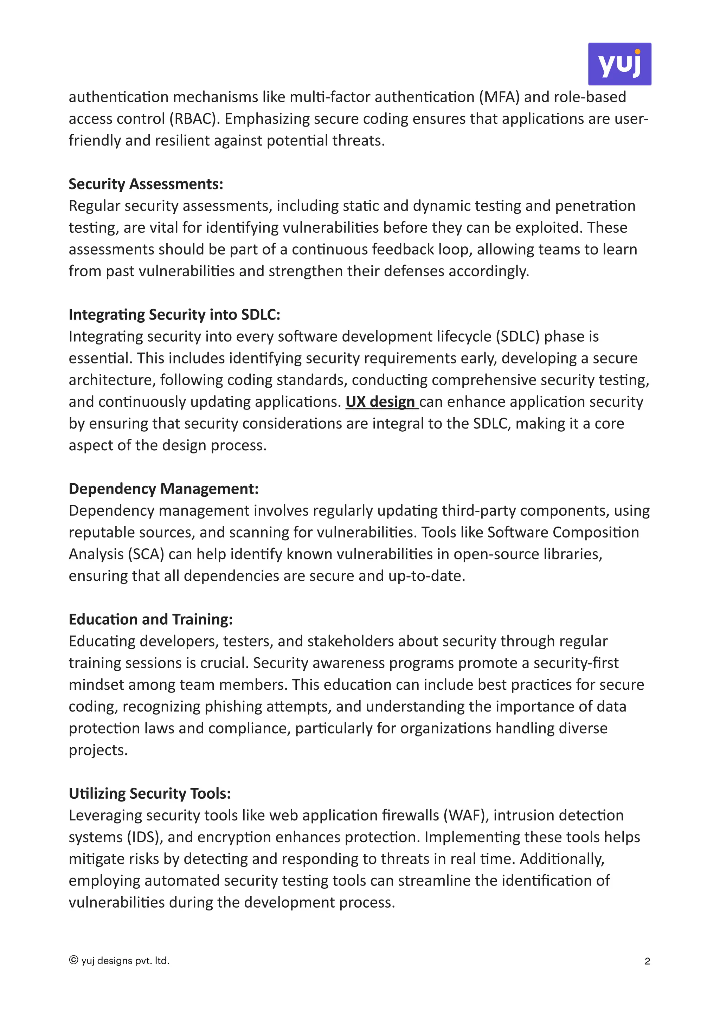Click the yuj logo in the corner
click(x=619, y=64)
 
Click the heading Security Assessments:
click(x=146, y=184)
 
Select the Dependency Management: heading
click(x=163, y=489)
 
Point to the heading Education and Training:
click(x=150, y=619)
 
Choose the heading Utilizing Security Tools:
click(x=149, y=793)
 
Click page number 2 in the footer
click(x=647, y=961)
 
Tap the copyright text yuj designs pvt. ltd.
click(x=120, y=961)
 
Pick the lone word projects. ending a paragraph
click(x=98, y=750)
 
